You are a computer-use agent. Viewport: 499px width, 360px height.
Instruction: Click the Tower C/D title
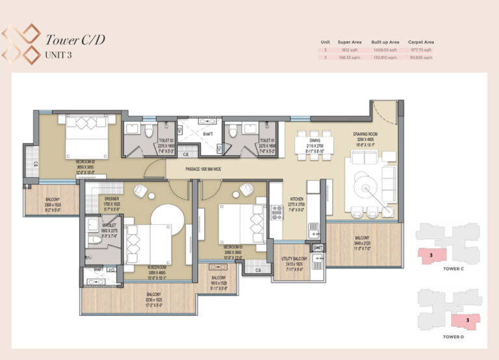point(75,39)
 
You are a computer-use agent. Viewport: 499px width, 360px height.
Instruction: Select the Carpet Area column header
point(421,42)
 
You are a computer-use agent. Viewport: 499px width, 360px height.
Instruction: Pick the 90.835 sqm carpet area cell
point(421,57)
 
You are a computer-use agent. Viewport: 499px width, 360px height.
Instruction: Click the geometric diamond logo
point(21,43)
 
